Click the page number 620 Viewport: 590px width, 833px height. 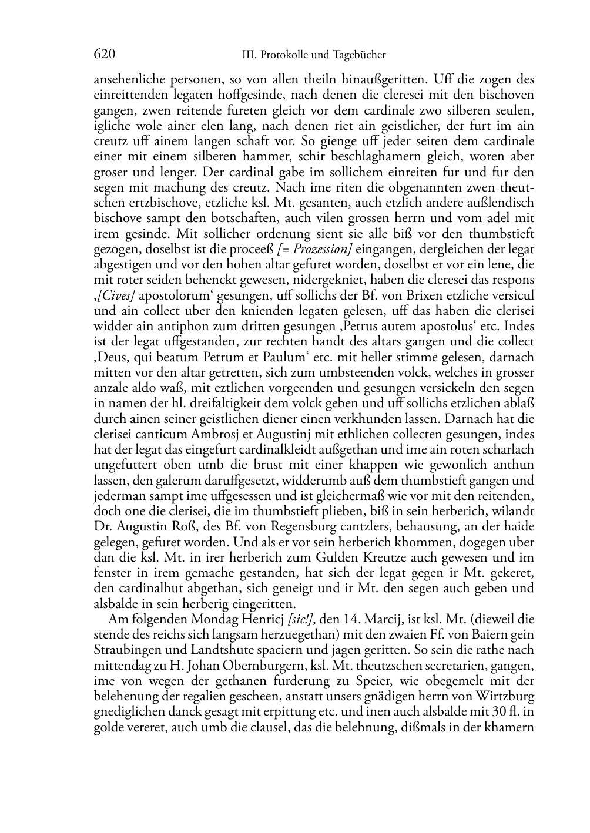(x=104, y=55)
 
